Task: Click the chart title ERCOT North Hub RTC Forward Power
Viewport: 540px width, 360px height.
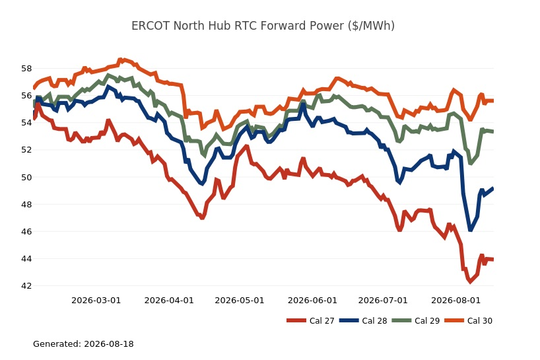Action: point(263,26)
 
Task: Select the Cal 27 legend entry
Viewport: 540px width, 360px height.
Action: point(310,321)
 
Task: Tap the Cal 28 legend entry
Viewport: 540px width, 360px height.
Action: point(363,321)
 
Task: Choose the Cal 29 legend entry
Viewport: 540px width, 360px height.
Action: point(416,321)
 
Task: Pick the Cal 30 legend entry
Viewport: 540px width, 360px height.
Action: point(468,321)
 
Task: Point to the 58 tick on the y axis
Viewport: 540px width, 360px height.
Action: point(26,69)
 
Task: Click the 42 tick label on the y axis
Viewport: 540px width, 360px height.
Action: point(26,285)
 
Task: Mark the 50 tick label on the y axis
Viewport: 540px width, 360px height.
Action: point(26,177)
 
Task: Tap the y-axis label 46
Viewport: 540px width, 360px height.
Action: point(26,231)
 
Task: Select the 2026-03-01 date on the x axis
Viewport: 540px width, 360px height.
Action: point(96,301)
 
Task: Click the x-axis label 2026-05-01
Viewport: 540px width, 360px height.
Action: point(240,301)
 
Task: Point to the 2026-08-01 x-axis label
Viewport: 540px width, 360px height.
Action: point(456,301)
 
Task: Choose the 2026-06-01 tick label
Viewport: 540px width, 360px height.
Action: point(312,301)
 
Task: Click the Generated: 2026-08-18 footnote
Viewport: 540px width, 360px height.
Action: point(83,343)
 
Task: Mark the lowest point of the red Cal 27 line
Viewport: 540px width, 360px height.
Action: point(470,281)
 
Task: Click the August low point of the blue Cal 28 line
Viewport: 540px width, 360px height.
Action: point(470,229)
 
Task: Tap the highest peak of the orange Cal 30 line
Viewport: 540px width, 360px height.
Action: point(120,60)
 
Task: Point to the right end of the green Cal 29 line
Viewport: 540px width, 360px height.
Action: point(493,131)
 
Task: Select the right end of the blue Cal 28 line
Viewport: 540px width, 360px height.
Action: point(493,188)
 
